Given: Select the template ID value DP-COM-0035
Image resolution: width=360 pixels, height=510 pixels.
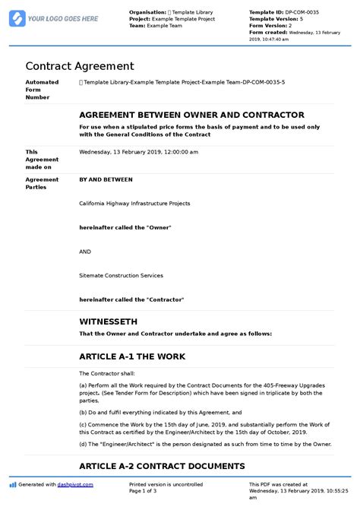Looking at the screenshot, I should [x=306, y=12].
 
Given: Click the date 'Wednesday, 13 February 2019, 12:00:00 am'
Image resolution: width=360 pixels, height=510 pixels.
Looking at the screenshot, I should [x=138, y=151].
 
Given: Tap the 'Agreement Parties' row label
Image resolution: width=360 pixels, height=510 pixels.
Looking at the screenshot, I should [x=42, y=184].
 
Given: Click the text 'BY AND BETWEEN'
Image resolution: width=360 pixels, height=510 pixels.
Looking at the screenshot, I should [x=106, y=180].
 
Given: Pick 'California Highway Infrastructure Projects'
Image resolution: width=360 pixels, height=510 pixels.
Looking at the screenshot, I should [x=134, y=204].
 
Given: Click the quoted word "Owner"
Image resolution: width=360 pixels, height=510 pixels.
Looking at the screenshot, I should [x=157, y=228].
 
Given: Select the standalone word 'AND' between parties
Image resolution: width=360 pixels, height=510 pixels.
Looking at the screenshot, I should [x=86, y=252].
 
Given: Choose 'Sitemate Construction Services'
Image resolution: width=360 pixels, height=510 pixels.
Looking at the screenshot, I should [x=121, y=275].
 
